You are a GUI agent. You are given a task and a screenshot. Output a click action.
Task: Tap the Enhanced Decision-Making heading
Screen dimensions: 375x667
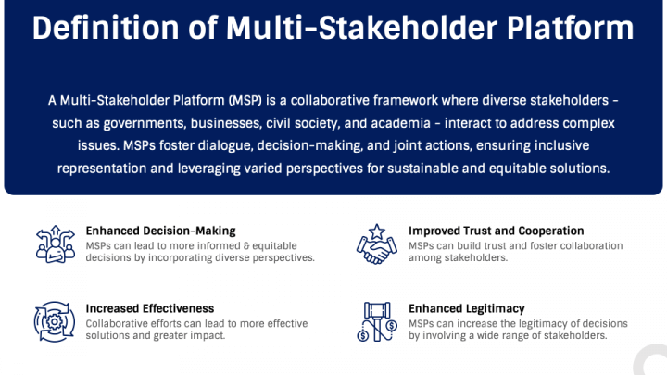click(x=160, y=231)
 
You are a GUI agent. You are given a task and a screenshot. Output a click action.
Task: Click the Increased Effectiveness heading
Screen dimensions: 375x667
click(x=150, y=308)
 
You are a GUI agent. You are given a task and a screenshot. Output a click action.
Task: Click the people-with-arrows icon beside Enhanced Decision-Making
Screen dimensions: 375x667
click(x=55, y=244)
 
